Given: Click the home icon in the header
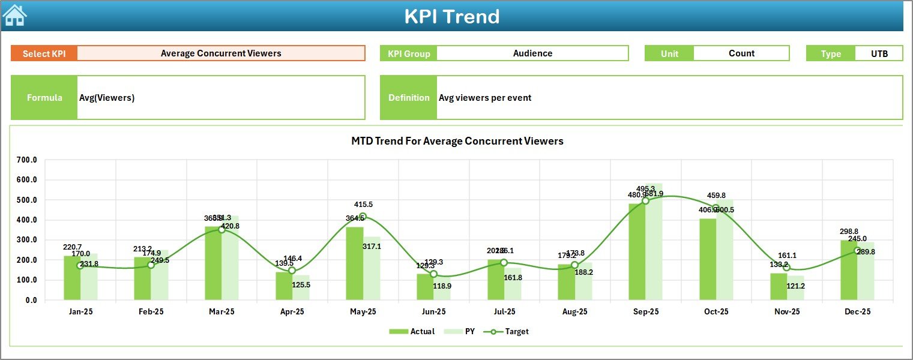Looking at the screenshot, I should [x=14, y=16].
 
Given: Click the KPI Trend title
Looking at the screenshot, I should [x=452, y=16].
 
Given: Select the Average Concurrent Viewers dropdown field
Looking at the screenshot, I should [x=221, y=53].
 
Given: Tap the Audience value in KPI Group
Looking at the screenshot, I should [x=532, y=53].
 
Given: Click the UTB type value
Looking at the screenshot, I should [x=879, y=53].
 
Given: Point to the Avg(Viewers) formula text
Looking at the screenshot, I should [x=107, y=98].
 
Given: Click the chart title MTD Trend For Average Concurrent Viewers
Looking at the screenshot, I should [x=457, y=141].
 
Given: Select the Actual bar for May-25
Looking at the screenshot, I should [x=355, y=263].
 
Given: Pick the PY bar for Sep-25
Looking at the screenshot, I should [x=654, y=242].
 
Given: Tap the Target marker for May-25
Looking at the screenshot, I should [x=363, y=217].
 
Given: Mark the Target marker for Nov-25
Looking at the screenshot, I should [x=787, y=268].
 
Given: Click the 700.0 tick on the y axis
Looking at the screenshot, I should [x=27, y=160].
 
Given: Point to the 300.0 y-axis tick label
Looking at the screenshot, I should [x=27, y=240].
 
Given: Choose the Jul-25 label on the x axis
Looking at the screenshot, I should [x=504, y=312].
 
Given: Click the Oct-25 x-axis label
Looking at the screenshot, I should [x=716, y=312].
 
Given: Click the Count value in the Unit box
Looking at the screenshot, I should [x=741, y=53].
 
